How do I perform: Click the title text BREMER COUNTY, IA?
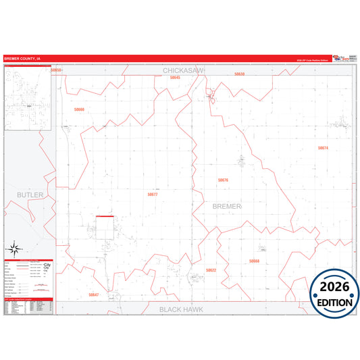(x=22, y=58)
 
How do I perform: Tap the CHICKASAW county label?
(x=183, y=70)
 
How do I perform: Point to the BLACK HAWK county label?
(x=181, y=309)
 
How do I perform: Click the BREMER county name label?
(x=227, y=205)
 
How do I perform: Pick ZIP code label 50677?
(x=153, y=194)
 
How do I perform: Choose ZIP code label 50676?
(x=223, y=180)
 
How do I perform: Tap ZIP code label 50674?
(x=323, y=148)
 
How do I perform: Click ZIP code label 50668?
(x=254, y=261)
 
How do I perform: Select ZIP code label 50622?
(x=211, y=270)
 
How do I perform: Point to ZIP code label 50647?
(x=94, y=294)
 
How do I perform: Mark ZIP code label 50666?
(x=80, y=109)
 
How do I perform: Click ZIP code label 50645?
(x=176, y=78)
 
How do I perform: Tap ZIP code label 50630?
(x=239, y=74)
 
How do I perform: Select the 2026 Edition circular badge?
(x=334, y=291)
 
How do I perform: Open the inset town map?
(x=29, y=99)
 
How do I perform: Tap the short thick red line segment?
(x=104, y=216)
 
